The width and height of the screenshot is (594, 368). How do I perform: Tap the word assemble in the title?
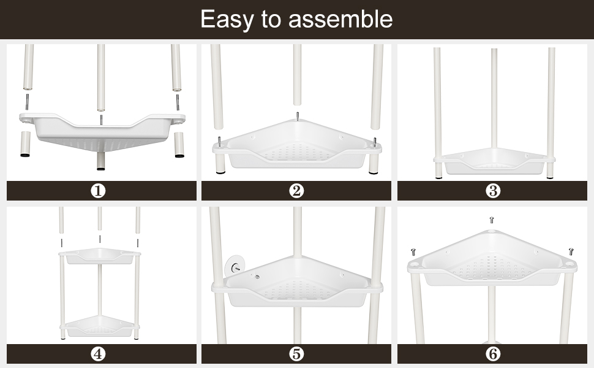340,19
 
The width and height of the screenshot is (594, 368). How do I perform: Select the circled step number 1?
98,191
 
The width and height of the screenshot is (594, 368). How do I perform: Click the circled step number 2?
296,191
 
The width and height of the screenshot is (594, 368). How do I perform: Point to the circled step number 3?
493,191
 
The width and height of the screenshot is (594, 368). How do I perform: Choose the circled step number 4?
98,354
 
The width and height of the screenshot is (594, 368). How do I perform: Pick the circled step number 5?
296,354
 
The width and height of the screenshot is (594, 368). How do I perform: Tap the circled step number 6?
493,354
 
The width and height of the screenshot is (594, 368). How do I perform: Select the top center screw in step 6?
492,220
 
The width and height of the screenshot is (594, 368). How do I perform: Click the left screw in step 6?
413,252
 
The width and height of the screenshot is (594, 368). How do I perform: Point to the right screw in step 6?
571,251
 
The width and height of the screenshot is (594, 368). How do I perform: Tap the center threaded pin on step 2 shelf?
298,115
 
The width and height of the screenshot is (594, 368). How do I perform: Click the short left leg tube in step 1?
25,144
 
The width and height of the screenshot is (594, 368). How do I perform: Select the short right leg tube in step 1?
179,145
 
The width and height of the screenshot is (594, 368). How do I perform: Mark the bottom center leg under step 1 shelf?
101,161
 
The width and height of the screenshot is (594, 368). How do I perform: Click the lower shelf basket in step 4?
100,327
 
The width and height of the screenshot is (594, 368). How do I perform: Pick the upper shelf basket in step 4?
100,256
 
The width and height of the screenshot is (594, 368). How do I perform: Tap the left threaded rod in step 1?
28,102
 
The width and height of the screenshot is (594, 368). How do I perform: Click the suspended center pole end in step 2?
298,102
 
